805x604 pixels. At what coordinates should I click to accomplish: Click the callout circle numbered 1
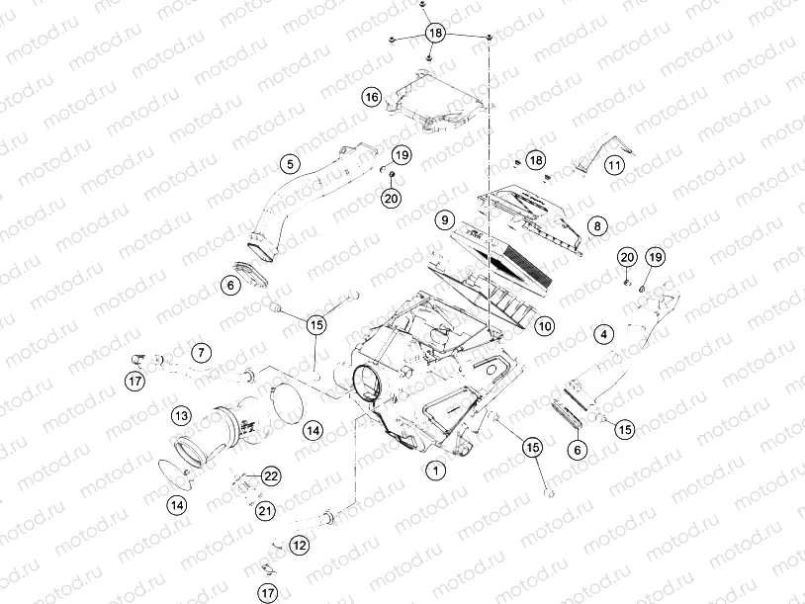click(x=432, y=471)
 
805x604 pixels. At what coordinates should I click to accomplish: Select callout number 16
click(x=371, y=97)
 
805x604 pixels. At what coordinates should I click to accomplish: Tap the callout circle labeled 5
click(x=289, y=163)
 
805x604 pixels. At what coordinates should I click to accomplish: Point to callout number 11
click(x=615, y=165)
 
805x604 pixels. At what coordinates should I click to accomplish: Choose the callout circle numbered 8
click(x=595, y=226)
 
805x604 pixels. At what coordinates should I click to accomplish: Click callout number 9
click(x=445, y=219)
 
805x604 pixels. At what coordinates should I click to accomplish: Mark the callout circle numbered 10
click(x=544, y=325)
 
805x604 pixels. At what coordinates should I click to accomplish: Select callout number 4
click(x=603, y=335)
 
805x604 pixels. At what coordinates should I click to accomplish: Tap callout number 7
click(x=200, y=351)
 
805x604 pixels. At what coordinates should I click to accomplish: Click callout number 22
click(x=271, y=475)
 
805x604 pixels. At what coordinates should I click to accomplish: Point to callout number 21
click(x=264, y=510)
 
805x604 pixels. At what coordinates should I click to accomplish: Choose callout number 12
click(x=300, y=544)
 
